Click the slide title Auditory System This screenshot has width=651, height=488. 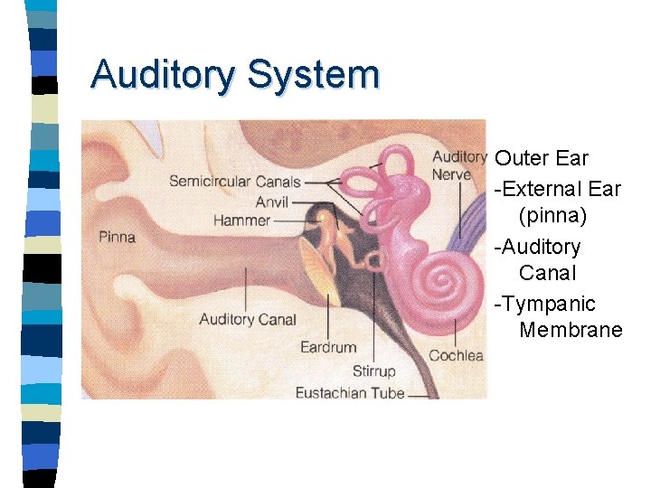click(x=234, y=75)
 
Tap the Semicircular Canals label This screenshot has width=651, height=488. click(x=234, y=182)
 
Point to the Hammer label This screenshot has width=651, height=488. click(x=241, y=221)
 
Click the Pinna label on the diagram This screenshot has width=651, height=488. click(x=117, y=238)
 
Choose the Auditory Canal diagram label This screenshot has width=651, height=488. click(x=247, y=319)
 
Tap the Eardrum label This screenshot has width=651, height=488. click(x=327, y=347)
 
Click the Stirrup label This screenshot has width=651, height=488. click(x=373, y=371)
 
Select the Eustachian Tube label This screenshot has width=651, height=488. click(x=349, y=392)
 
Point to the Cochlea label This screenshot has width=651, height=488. click(x=456, y=355)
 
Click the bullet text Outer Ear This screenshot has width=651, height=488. click(x=542, y=159)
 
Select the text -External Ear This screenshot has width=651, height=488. click(x=557, y=189)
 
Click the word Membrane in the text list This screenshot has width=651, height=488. click(x=571, y=330)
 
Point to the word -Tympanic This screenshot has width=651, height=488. click(x=544, y=303)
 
